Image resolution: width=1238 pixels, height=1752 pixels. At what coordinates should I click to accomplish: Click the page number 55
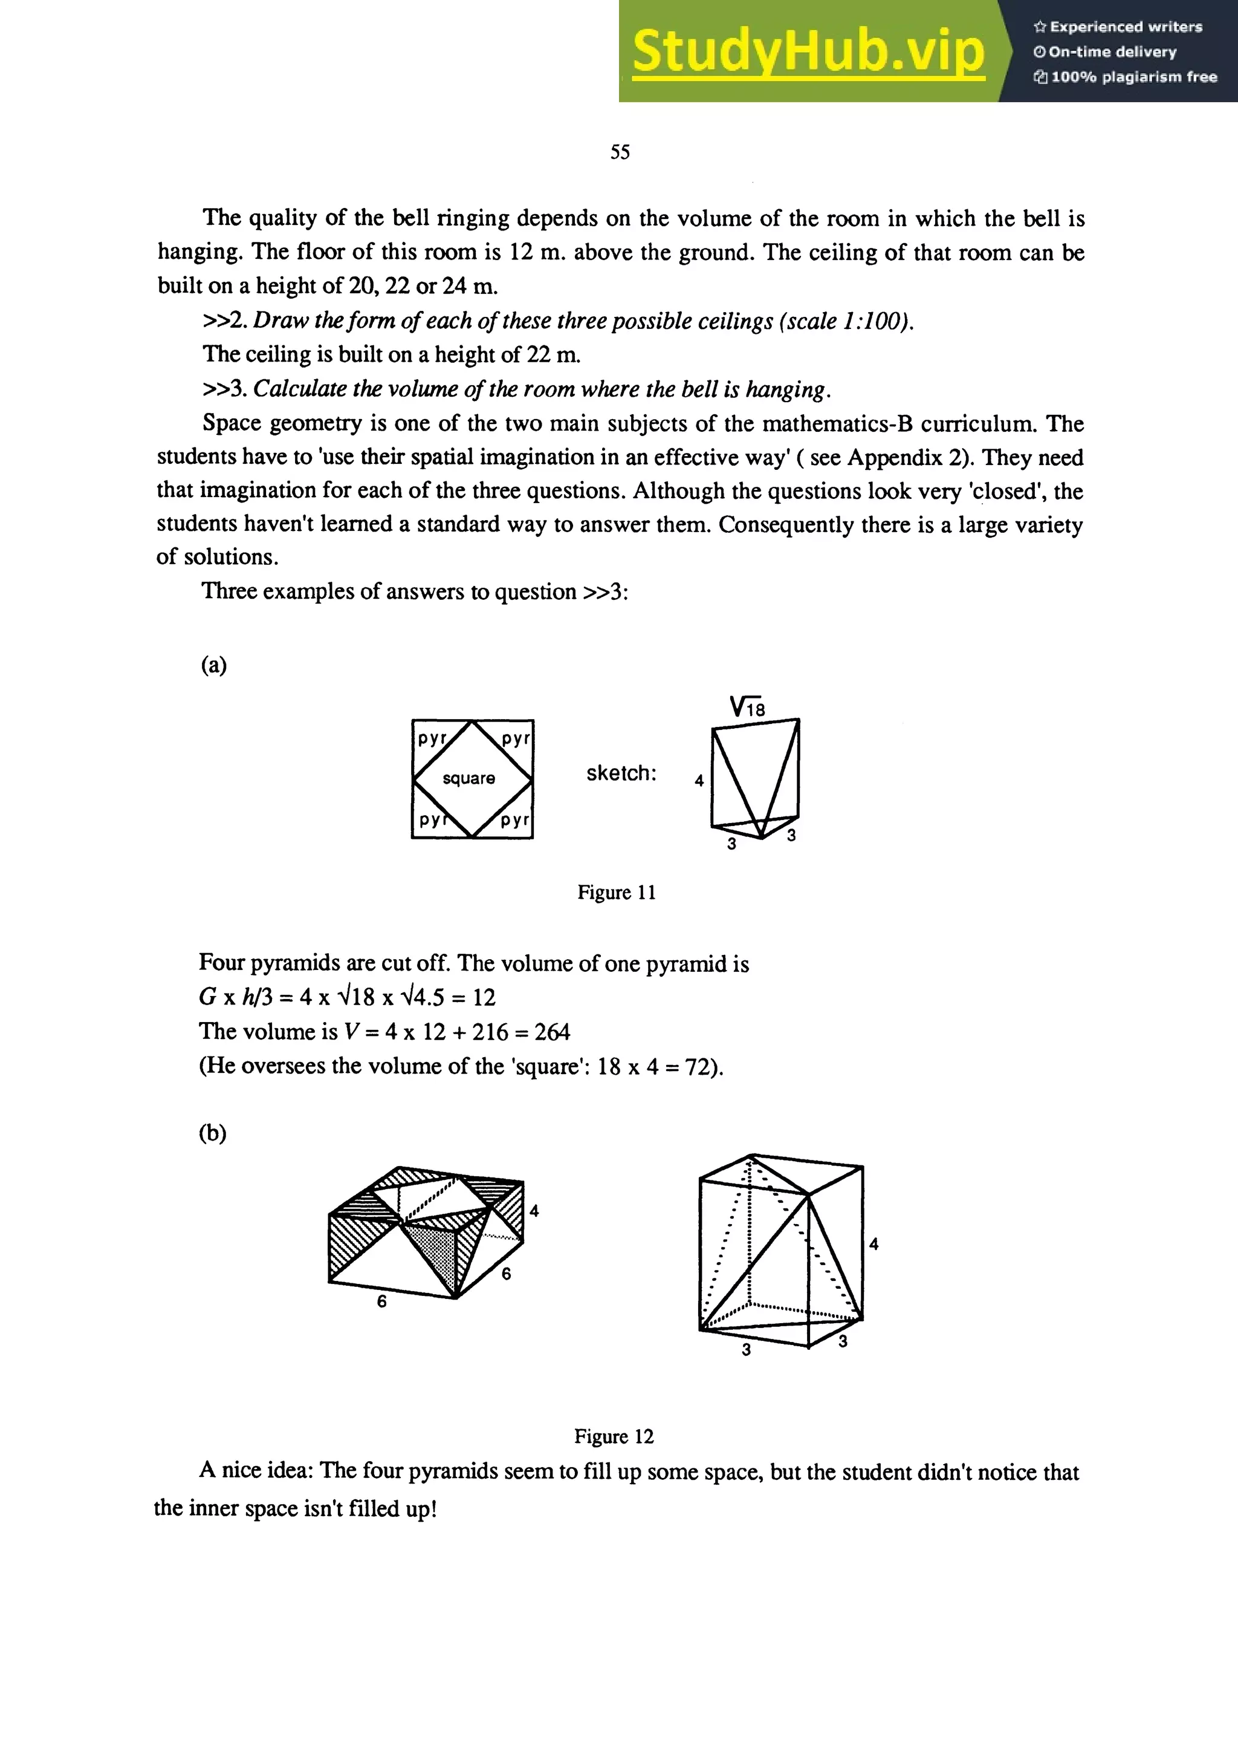(x=620, y=152)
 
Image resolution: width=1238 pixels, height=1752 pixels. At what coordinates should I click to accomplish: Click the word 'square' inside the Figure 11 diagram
(x=468, y=778)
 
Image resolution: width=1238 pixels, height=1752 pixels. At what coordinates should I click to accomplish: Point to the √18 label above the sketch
(x=747, y=708)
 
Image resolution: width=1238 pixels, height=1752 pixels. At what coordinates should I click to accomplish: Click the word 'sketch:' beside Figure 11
(x=621, y=773)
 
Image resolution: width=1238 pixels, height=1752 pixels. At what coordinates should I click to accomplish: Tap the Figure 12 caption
(x=614, y=1436)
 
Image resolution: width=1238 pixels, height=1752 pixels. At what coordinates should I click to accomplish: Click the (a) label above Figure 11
(x=213, y=665)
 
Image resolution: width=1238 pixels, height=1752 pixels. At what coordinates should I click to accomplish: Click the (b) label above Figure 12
(x=213, y=1133)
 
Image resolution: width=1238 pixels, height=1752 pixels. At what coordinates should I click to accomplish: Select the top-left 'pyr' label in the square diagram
(x=432, y=737)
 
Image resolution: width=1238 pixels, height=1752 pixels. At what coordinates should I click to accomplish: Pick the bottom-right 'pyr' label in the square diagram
(x=515, y=820)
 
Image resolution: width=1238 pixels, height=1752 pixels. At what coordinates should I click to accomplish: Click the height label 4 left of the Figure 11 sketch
(x=699, y=781)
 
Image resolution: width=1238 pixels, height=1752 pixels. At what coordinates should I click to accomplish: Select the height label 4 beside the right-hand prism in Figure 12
(x=873, y=1245)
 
